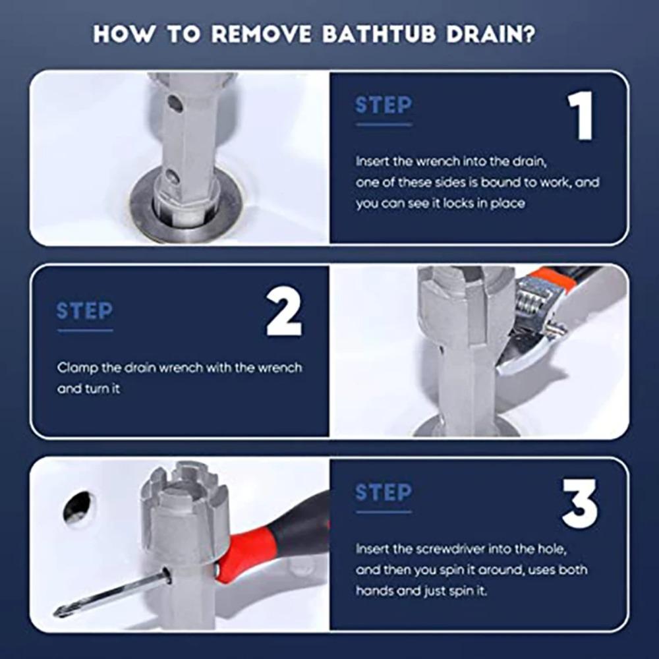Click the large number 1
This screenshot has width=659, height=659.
click(581, 115)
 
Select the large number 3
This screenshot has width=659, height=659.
click(579, 503)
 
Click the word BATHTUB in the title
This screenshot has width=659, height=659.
click(379, 34)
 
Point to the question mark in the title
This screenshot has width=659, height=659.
click(530, 34)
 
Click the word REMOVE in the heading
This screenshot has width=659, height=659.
click(261, 34)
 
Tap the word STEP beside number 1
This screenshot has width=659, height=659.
click(384, 105)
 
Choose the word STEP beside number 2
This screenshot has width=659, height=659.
click(85, 311)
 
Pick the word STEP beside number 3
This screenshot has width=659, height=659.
click(384, 492)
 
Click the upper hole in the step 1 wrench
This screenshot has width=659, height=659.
click(175, 103)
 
